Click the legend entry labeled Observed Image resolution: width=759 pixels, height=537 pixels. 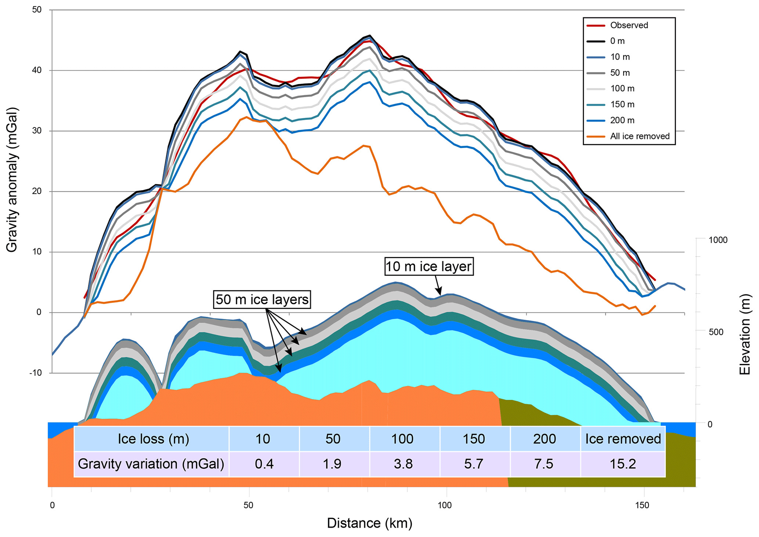[x=629, y=25]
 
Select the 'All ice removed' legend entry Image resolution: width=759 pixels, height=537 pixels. [x=640, y=136]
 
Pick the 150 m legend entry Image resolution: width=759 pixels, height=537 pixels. [x=622, y=105]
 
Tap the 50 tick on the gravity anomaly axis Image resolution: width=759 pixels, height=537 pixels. [x=37, y=10]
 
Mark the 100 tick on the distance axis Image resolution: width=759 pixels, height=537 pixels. [x=445, y=505]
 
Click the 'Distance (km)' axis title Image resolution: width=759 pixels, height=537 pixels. [x=369, y=523]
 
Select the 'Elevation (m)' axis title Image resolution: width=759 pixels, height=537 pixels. [x=745, y=334]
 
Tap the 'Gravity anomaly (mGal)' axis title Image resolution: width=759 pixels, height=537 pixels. [x=12, y=180]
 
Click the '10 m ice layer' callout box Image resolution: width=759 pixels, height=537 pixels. [x=428, y=266]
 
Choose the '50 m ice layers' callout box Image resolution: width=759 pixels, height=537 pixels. [x=262, y=300]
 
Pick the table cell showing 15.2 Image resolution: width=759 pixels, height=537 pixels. [x=623, y=464]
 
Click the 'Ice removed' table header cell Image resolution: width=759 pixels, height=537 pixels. [x=623, y=439]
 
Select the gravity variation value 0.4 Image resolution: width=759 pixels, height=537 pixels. [x=264, y=464]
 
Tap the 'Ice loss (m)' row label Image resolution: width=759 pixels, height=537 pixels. [x=153, y=439]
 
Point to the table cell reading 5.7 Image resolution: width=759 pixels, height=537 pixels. [x=473, y=464]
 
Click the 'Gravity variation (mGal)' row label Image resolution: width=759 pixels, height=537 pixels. [x=151, y=464]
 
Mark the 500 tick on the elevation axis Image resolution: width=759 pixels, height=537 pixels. [x=716, y=332]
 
